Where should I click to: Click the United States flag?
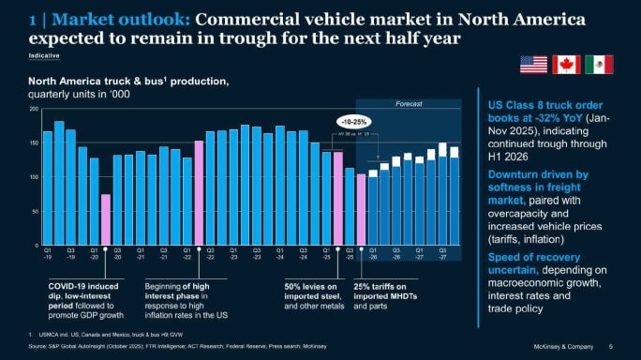[533, 65]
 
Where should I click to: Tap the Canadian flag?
[566, 65]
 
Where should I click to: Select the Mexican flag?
[599, 65]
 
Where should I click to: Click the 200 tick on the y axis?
[35, 109]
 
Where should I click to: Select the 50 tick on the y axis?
[35, 212]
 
